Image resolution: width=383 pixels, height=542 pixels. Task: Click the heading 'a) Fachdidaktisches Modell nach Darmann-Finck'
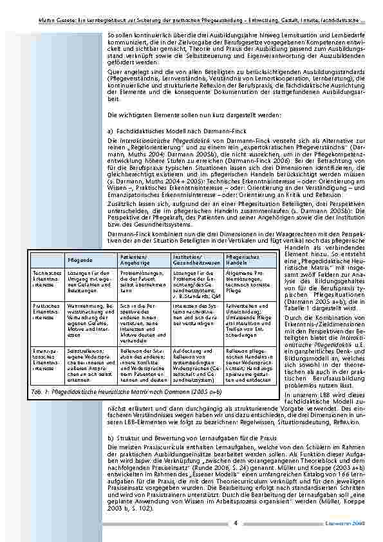tap(164, 130)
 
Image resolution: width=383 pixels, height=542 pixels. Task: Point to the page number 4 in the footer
tap(236, 523)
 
